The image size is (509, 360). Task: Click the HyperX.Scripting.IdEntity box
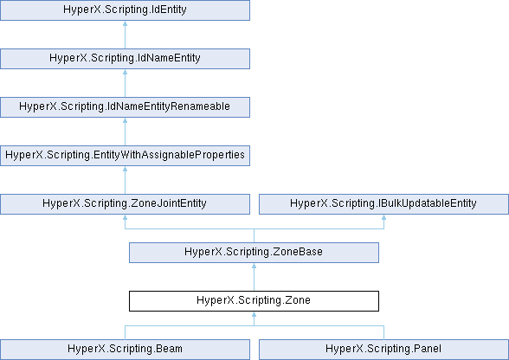pos(125,10)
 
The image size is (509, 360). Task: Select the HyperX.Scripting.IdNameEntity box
pos(125,59)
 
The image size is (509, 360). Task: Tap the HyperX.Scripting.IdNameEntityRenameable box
pos(125,107)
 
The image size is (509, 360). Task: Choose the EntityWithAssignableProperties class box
pos(125,156)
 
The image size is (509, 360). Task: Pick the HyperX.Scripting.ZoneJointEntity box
pos(125,204)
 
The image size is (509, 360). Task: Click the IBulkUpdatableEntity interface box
pos(383,204)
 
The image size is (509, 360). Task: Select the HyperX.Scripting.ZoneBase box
pos(254,253)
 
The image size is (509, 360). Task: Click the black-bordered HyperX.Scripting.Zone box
pos(254,301)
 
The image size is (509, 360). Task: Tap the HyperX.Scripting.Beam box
pos(125,350)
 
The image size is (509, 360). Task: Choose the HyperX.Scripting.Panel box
pos(383,350)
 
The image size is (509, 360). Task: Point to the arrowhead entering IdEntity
pos(125,23)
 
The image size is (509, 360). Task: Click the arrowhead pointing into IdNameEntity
pos(125,72)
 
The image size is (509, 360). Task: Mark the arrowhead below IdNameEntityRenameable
pos(125,120)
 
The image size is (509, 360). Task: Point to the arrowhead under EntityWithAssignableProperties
pos(125,169)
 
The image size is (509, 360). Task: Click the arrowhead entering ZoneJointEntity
pos(125,217)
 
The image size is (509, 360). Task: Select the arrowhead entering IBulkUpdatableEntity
pos(383,217)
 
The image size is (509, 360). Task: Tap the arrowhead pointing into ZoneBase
pos(254,266)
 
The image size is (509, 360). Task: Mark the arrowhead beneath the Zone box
pos(254,314)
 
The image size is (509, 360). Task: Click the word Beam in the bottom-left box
pos(169,349)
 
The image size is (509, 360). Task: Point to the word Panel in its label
pos(428,349)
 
